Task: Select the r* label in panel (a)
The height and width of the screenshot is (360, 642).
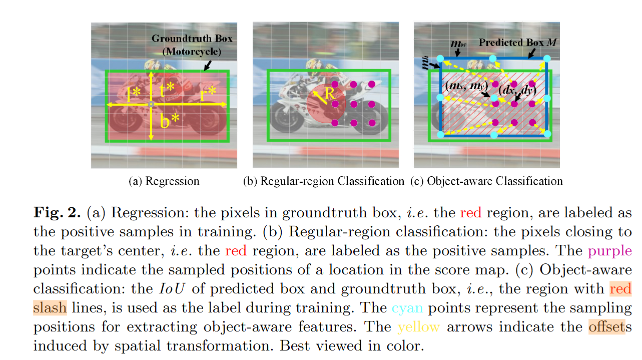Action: [208, 94]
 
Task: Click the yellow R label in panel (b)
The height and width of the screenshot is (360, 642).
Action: [329, 94]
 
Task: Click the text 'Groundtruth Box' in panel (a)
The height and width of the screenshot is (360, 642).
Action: [192, 39]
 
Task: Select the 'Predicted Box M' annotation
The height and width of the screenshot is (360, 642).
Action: [517, 43]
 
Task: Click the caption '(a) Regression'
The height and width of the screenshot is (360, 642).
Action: [164, 181]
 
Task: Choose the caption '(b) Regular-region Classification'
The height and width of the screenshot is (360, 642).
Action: [324, 181]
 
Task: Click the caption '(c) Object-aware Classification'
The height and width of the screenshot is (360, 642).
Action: [486, 181]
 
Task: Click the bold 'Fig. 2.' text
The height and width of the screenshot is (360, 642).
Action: [57, 213]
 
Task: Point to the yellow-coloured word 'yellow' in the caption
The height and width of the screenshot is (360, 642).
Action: [419, 327]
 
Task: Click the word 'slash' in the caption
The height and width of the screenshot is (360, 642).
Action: [50, 308]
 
